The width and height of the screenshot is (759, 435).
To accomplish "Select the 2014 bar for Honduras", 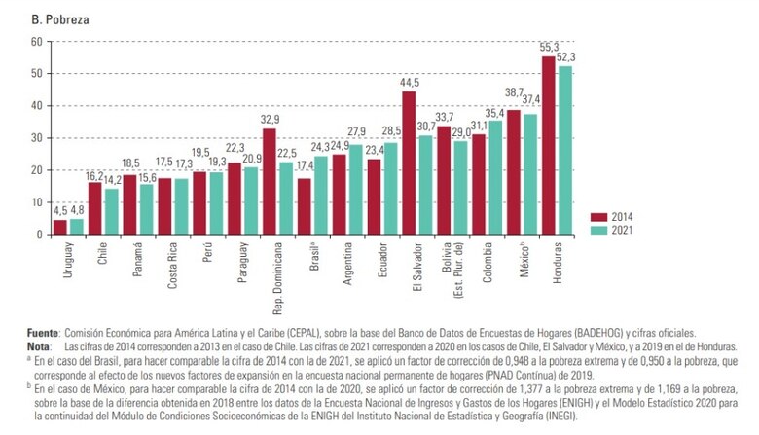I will click(548, 146).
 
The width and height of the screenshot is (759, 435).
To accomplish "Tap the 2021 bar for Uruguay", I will click(77, 227).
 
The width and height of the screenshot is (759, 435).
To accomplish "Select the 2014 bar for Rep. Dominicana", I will click(270, 181).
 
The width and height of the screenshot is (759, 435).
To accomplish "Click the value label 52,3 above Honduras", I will click(565, 57).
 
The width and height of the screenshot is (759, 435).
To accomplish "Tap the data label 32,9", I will click(269, 120).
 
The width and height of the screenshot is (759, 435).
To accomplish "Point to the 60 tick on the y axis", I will click(36, 41).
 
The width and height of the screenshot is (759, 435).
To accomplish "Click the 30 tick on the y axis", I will click(36, 137).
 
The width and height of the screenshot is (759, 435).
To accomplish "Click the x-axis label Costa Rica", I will click(171, 268).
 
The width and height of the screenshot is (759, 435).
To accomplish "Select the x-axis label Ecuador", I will click(379, 263).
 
